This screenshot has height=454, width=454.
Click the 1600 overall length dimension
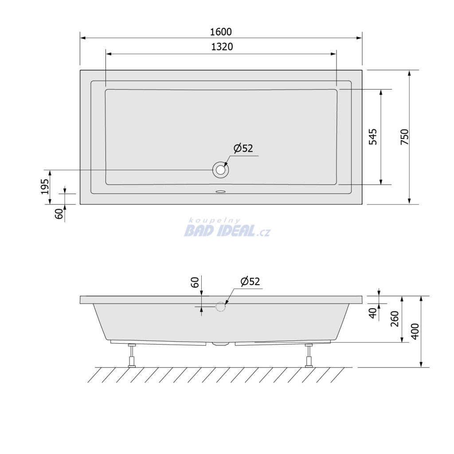[x=221, y=32]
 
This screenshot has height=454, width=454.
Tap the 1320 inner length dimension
[x=222, y=47]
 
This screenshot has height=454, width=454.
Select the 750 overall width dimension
[x=404, y=137]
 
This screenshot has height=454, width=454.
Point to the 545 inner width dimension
[x=373, y=137]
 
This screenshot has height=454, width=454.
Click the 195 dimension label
[x=45, y=187]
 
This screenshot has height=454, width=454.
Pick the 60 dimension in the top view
[x=59, y=214]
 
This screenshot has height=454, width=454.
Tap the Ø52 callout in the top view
[x=243, y=148]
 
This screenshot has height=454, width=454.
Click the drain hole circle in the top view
[x=221, y=170]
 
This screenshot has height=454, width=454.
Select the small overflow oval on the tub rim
[x=221, y=192]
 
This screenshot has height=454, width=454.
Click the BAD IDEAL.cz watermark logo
[x=227, y=231]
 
